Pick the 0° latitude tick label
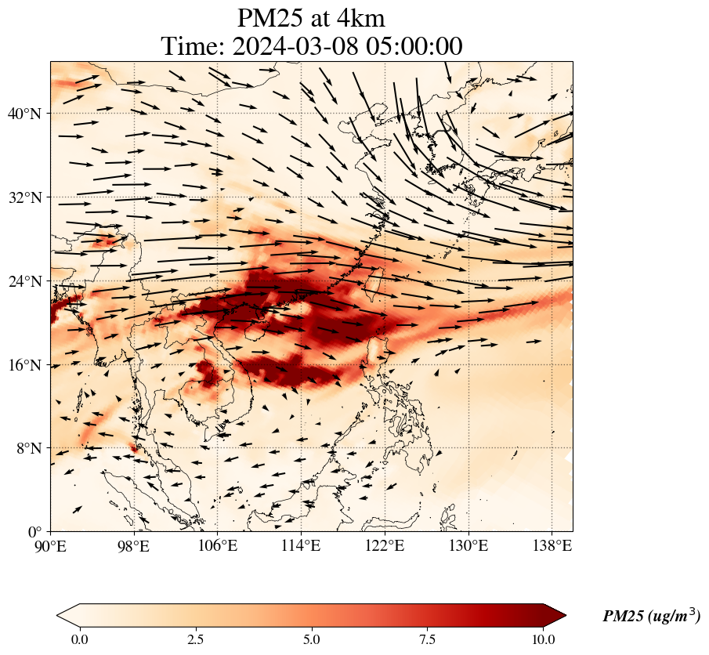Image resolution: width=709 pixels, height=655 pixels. [36, 532]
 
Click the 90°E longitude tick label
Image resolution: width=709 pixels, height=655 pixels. [51, 546]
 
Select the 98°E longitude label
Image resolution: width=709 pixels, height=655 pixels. [134, 546]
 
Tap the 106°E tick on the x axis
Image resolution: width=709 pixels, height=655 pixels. [218, 546]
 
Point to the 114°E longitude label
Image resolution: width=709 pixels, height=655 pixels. [302, 546]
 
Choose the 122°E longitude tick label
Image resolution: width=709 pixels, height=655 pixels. [385, 546]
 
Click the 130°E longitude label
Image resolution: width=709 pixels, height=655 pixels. [468, 546]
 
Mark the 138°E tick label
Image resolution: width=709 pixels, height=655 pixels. [552, 546]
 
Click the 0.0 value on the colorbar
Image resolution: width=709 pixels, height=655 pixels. [79, 639]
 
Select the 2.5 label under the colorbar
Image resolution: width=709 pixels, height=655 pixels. [195, 639]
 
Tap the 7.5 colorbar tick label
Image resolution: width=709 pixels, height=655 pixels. [428, 639]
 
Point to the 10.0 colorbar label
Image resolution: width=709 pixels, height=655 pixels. [544, 639]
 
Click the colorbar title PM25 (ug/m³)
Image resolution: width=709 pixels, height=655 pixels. [651, 617]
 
